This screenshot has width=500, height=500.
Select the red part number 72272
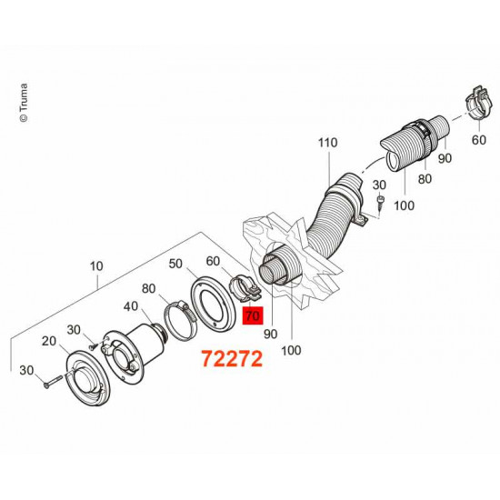coord(231,359)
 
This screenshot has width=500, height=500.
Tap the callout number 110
coord(327,144)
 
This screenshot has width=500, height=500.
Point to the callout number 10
coord(97,267)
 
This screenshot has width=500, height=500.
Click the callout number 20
coord(50,340)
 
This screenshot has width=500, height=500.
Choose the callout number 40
coord(131,307)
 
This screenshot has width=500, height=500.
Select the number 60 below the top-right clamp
coord(479,142)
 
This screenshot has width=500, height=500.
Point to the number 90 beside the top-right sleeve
coord(445,159)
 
